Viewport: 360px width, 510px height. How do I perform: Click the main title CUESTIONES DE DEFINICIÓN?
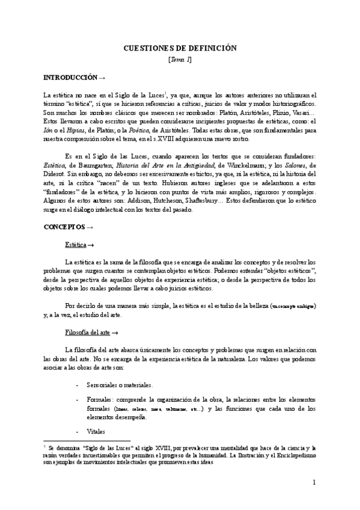pyautogui.click(x=180, y=48)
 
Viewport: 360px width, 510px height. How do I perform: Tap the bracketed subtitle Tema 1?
pyautogui.click(x=180, y=59)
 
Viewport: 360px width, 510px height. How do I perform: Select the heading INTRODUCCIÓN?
pyautogui.click(x=70, y=78)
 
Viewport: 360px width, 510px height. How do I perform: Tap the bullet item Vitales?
pyautogui.click(x=97, y=431)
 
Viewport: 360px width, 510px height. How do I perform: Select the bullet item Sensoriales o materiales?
pyautogui.click(x=120, y=384)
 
